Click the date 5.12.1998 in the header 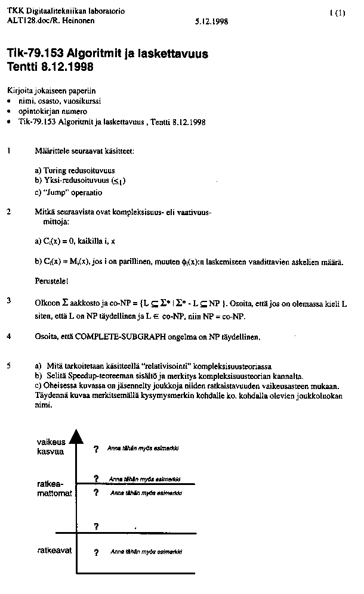click(x=211, y=22)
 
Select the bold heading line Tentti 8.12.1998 click(x=50, y=67)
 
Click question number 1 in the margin click(x=9, y=151)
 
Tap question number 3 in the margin click(x=9, y=300)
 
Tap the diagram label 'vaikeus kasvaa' click(x=51, y=447)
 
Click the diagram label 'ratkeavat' click(x=54, y=551)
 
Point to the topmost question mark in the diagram click(x=95, y=449)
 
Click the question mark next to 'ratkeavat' click(x=95, y=553)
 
